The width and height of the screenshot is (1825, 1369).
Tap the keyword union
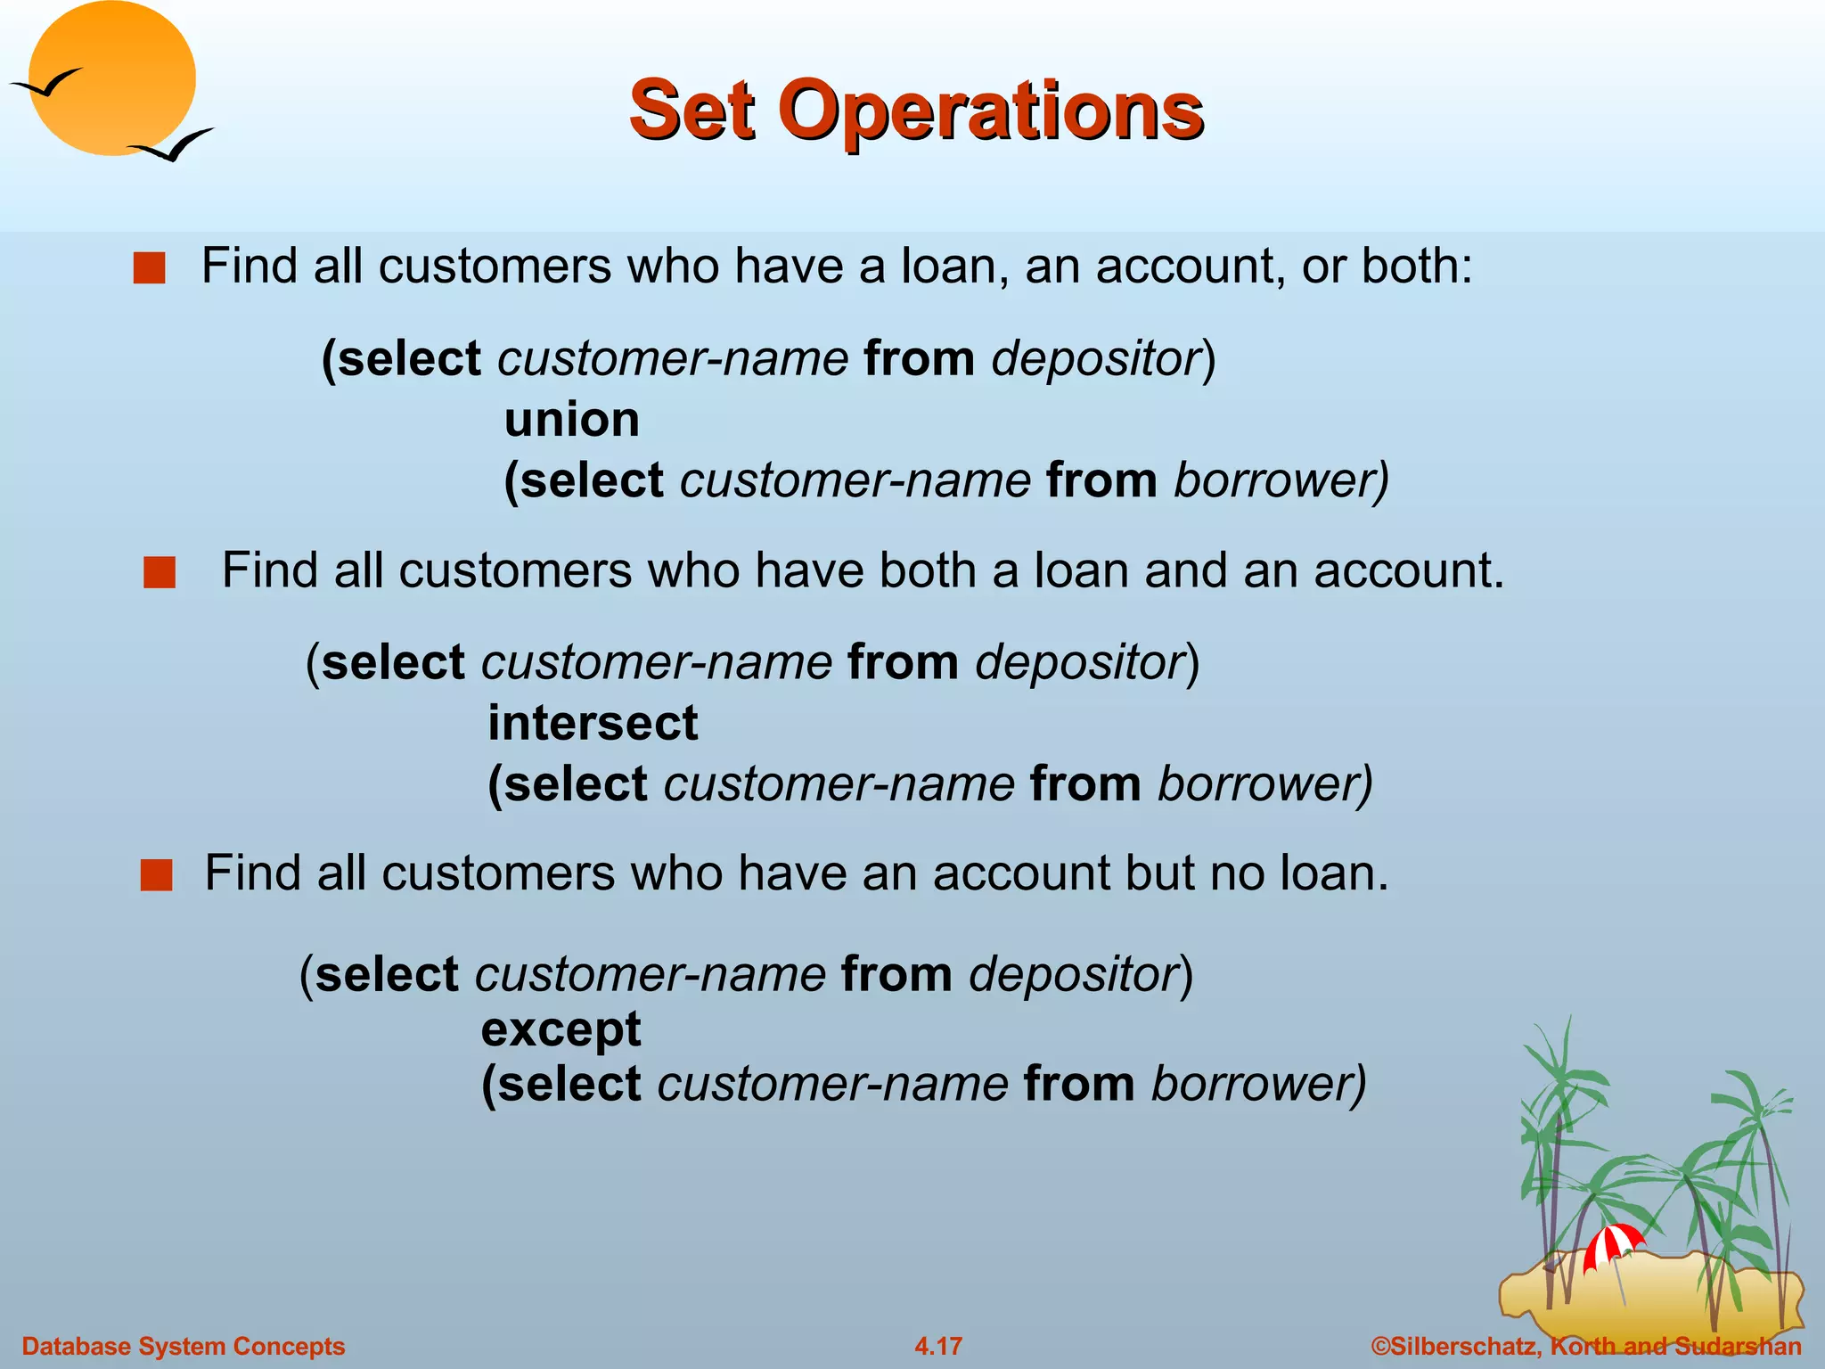[572, 420]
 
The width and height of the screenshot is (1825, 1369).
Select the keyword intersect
[593, 723]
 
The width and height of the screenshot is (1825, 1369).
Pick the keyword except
[561, 1029]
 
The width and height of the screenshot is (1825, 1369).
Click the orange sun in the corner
[112, 78]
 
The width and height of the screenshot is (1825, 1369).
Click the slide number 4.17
[938, 1346]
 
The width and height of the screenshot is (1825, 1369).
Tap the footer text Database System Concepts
[184, 1346]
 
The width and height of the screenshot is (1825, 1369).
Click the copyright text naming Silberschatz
[1586, 1346]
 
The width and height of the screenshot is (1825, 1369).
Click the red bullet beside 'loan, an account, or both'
[150, 268]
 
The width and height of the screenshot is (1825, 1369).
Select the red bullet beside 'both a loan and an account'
[160, 573]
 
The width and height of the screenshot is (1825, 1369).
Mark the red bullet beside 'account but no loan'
[156, 875]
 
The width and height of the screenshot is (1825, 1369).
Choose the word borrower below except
[1257, 1085]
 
